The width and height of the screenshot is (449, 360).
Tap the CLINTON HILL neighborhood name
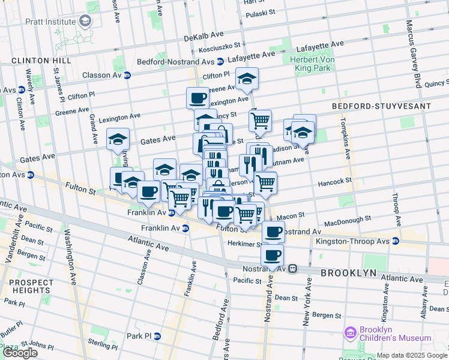pos(41,61)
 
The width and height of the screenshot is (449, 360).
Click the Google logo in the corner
pos(20,353)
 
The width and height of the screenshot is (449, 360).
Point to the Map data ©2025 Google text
pos(412,356)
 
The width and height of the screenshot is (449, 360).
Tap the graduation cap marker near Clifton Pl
pos(247,78)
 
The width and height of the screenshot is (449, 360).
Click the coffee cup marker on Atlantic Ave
pos(272,254)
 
